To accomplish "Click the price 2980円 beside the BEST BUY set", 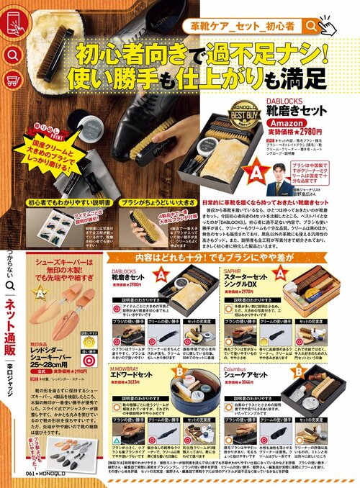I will [x=320, y=132].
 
